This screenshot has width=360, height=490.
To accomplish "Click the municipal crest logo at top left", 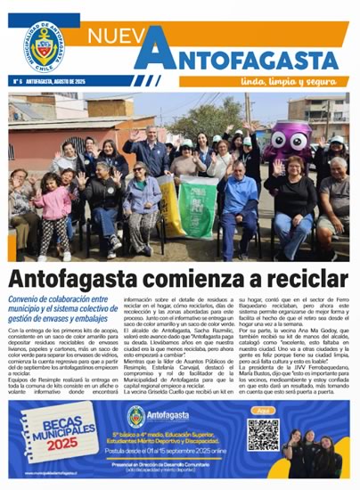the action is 44,44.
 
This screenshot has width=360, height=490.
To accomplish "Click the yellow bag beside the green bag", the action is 168,200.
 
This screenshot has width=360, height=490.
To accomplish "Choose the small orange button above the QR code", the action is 261,411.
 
